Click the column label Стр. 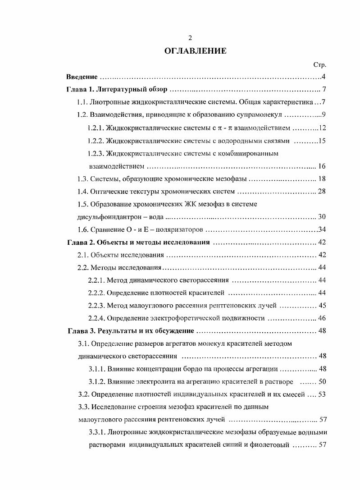(x=319, y=65)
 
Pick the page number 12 (x=322, y=128)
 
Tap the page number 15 (x=322, y=141)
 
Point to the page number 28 (x=322, y=192)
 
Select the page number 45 (x=322, y=305)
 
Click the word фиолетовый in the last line (x=267, y=445)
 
